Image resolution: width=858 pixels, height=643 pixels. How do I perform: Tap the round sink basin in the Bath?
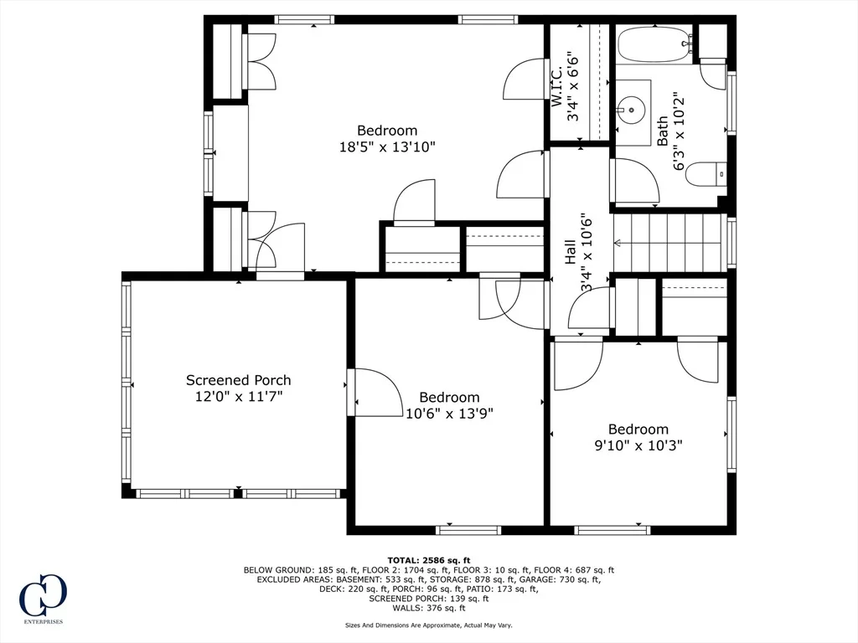(633, 109)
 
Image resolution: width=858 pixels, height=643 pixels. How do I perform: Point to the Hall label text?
(570, 251)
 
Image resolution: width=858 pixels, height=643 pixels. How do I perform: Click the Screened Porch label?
(238, 380)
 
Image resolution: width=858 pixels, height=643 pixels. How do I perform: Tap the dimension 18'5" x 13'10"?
(387, 147)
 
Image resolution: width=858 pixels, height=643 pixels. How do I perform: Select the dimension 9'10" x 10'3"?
(638, 445)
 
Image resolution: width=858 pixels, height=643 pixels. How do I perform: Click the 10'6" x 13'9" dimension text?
(449, 414)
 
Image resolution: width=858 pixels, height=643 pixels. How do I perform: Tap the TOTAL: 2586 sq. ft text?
(428, 560)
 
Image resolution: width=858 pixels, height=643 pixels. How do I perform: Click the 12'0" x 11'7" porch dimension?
(239, 396)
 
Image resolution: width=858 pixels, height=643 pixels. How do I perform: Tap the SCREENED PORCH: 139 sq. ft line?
(428, 599)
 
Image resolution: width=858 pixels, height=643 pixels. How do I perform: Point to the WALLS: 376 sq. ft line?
(428, 608)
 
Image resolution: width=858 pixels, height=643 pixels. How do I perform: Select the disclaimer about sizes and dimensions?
(428, 625)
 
